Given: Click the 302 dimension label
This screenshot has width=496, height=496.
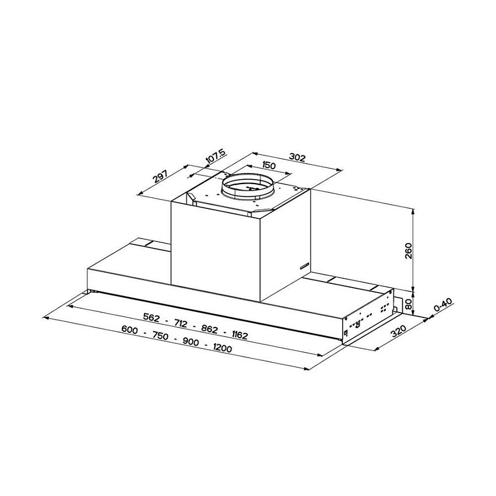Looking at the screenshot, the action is (x=298, y=157).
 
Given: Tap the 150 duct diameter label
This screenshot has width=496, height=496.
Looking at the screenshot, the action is (x=269, y=165).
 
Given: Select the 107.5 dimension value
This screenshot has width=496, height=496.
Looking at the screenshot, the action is (x=215, y=157).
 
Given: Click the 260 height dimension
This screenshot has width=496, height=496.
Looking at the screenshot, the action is (x=409, y=251).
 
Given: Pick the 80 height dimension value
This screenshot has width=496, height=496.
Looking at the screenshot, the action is (x=408, y=305).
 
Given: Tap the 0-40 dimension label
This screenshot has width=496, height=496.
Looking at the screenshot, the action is (x=443, y=305).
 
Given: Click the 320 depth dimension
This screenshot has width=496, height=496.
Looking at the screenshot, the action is (x=398, y=331).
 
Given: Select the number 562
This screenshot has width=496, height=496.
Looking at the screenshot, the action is (x=152, y=317).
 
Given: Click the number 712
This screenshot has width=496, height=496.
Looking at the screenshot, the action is (x=181, y=324).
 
